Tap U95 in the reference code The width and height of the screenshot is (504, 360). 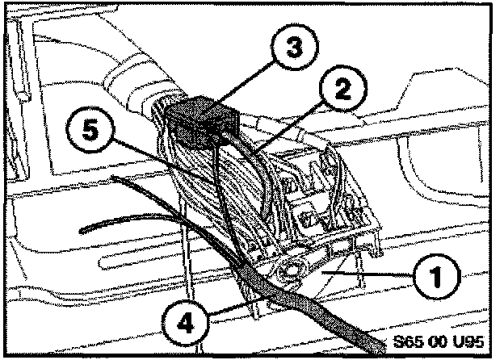click(x=474, y=339)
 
